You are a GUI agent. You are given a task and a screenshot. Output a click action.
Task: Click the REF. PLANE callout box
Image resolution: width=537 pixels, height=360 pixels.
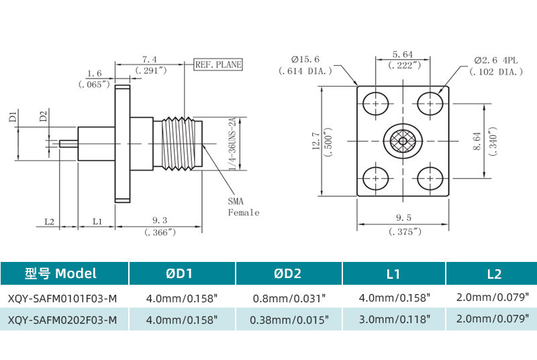pyautogui.click(x=217, y=65)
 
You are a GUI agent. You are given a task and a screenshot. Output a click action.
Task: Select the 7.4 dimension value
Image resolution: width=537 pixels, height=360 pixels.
pyautogui.click(x=150, y=59)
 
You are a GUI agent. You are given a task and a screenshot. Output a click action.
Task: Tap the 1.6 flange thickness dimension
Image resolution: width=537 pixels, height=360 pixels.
pyautogui.click(x=94, y=74)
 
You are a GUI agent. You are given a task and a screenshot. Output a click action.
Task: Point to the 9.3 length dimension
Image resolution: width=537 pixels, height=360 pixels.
pyautogui.click(x=160, y=220)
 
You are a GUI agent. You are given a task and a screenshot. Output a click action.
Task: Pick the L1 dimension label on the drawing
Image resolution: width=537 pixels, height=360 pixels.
pyautogui.click(x=97, y=220)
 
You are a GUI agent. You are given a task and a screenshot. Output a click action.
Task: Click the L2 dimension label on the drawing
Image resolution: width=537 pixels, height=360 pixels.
pyautogui.click(x=49, y=220)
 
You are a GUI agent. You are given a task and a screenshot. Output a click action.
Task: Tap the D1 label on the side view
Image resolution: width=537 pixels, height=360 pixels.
pyautogui.click(x=13, y=117)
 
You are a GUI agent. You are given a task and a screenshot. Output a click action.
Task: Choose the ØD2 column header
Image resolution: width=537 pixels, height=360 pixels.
pyautogui.click(x=289, y=273)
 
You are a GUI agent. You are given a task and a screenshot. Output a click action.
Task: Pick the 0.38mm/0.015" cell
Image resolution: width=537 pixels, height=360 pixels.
pyautogui.click(x=289, y=320)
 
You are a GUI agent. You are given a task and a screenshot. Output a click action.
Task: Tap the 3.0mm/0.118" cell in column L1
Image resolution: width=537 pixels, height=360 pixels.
pyautogui.click(x=395, y=320)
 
